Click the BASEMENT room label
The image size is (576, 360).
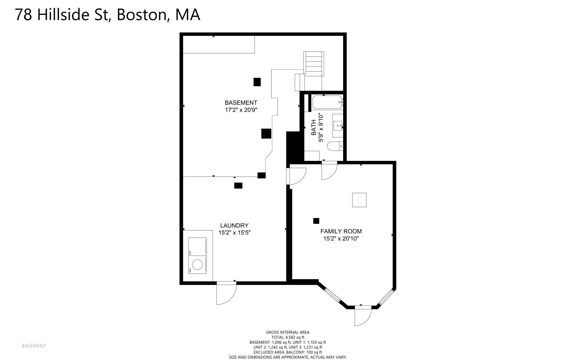click(241, 103)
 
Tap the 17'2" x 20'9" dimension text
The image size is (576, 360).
click(241, 110)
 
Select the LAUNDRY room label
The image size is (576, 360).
click(234, 225)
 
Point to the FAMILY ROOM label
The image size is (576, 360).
click(341, 231)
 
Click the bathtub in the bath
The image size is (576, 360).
click(327, 102)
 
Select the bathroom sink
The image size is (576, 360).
click(337, 125)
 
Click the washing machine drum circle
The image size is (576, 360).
click(197, 265)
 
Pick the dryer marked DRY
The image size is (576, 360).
click(197, 247)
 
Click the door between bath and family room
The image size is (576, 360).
click(329, 171)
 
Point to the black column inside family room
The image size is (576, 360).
click(316, 221)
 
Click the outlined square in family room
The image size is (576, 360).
click(359, 200)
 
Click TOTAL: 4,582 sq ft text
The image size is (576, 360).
click(287, 337)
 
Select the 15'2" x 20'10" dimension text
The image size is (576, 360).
click(341, 239)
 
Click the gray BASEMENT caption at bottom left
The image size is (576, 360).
click(34, 346)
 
